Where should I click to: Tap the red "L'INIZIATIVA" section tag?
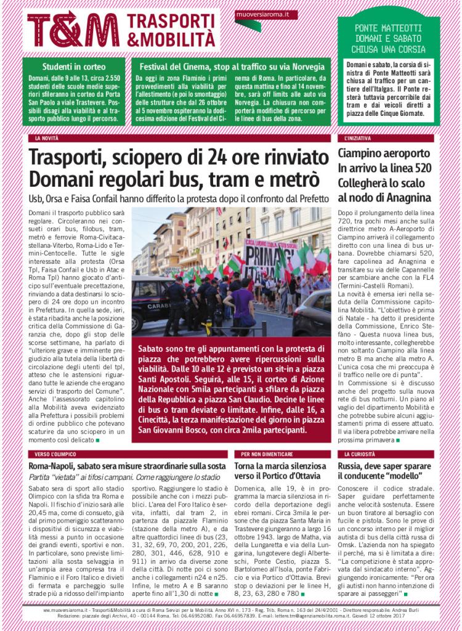click(358, 139)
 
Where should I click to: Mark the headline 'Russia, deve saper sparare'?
click(385, 466)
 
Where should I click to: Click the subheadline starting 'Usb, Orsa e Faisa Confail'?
click(179, 198)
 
